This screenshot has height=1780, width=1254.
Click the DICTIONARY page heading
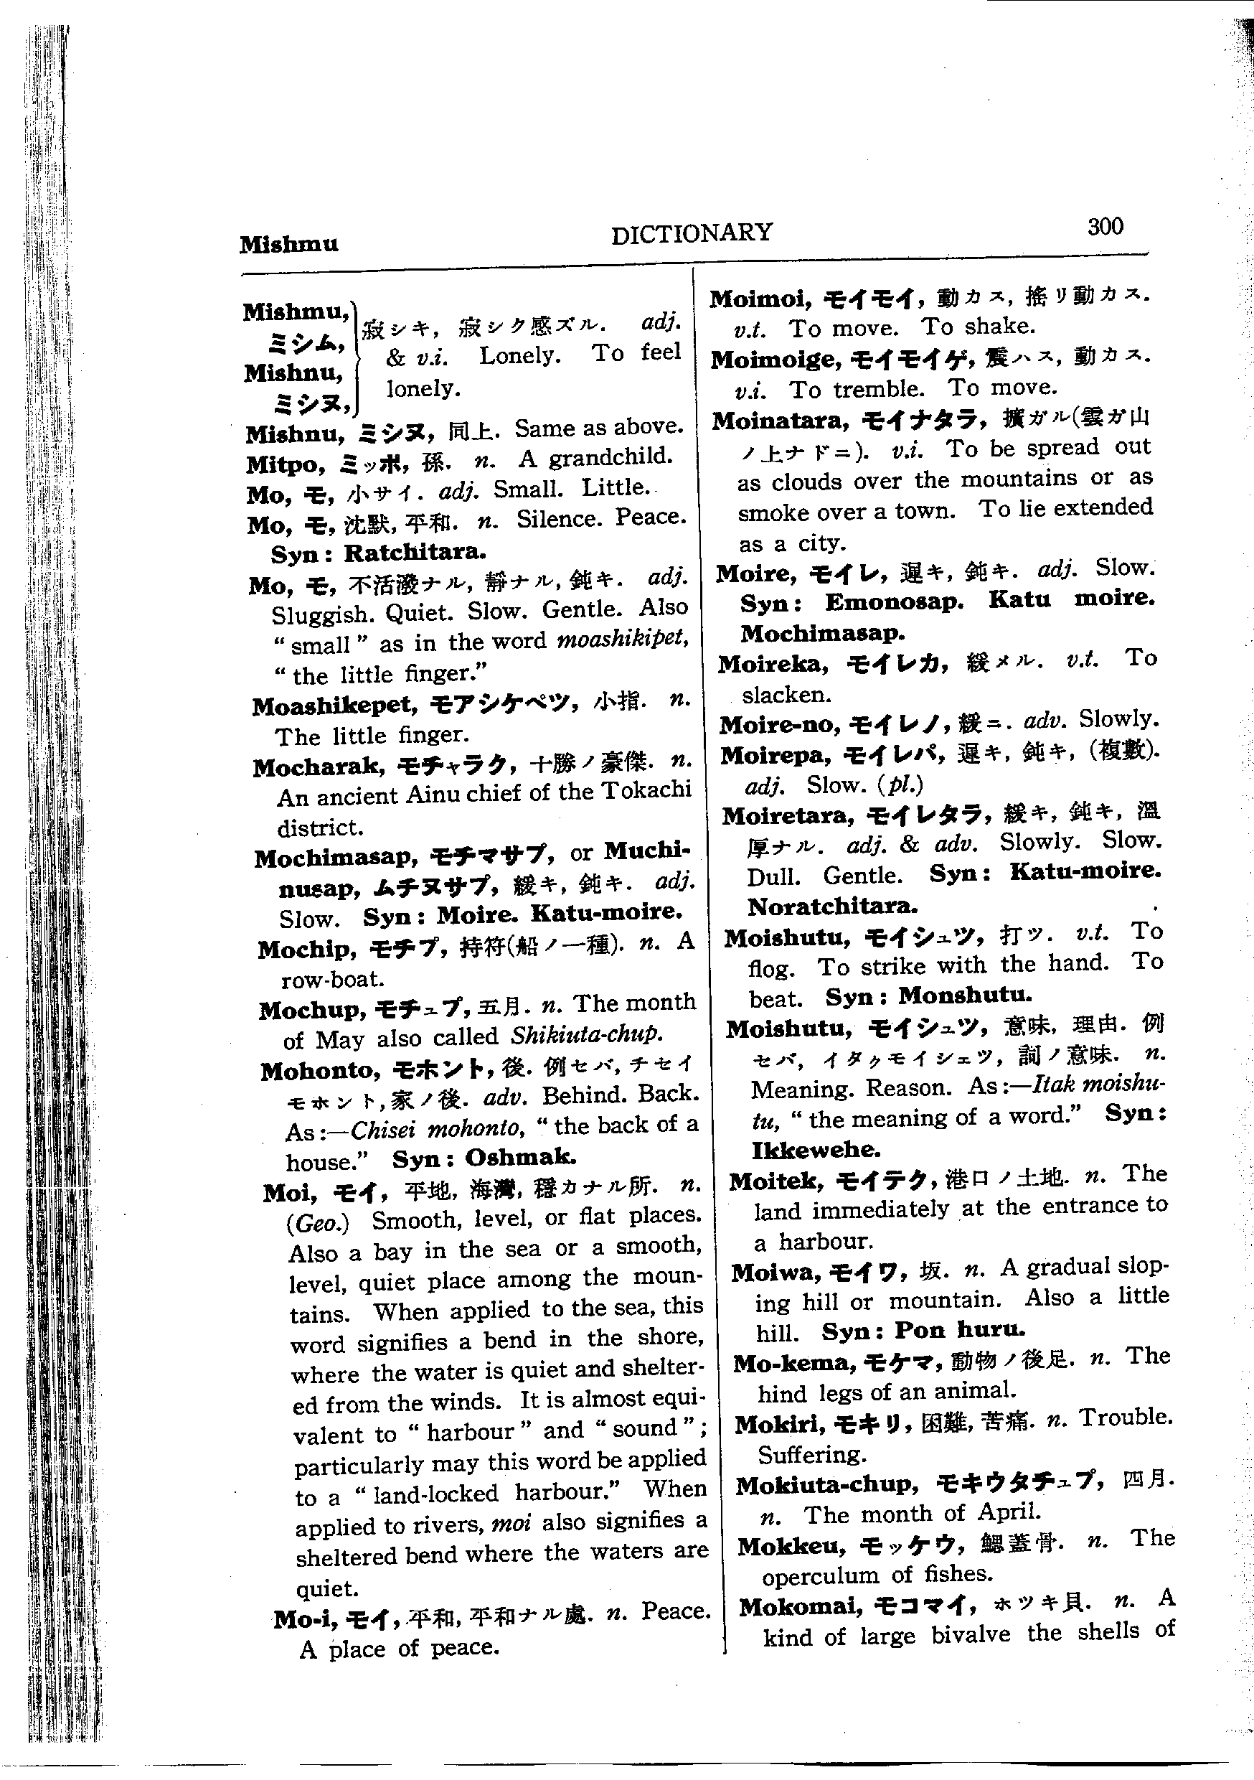click(x=692, y=233)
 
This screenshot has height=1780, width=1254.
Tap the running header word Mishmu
click(x=288, y=245)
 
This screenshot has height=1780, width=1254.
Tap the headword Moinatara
click(x=778, y=422)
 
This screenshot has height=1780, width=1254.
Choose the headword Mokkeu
click(x=791, y=1547)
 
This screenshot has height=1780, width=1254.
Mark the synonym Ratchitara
click(x=415, y=553)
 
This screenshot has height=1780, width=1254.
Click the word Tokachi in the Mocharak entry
click(x=646, y=791)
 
